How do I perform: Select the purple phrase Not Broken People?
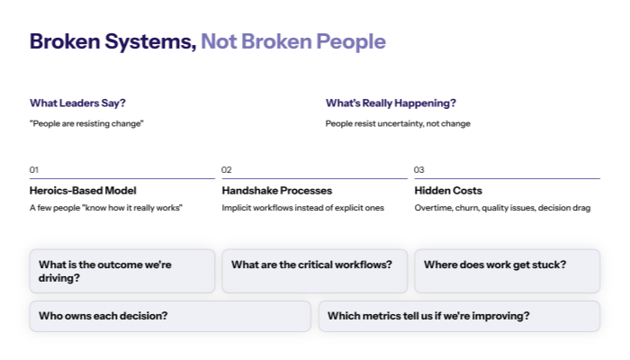(x=292, y=41)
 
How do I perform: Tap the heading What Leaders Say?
(x=77, y=103)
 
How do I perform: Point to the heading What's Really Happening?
(x=391, y=103)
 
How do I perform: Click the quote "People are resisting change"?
(x=86, y=123)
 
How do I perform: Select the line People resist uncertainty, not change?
(x=398, y=123)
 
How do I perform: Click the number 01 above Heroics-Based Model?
(x=34, y=169)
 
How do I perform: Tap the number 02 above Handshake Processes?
(x=227, y=169)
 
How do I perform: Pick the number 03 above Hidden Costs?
(x=419, y=169)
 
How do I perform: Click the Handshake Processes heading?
(x=277, y=191)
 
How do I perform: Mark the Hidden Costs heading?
(x=448, y=191)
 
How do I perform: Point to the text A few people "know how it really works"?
(x=106, y=209)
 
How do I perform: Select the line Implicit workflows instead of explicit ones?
(x=302, y=209)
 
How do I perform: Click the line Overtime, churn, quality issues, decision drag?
(x=502, y=209)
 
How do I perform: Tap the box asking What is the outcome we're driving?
(x=122, y=271)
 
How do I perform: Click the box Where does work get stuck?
(x=507, y=271)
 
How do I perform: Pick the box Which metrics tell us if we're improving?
(x=459, y=316)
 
